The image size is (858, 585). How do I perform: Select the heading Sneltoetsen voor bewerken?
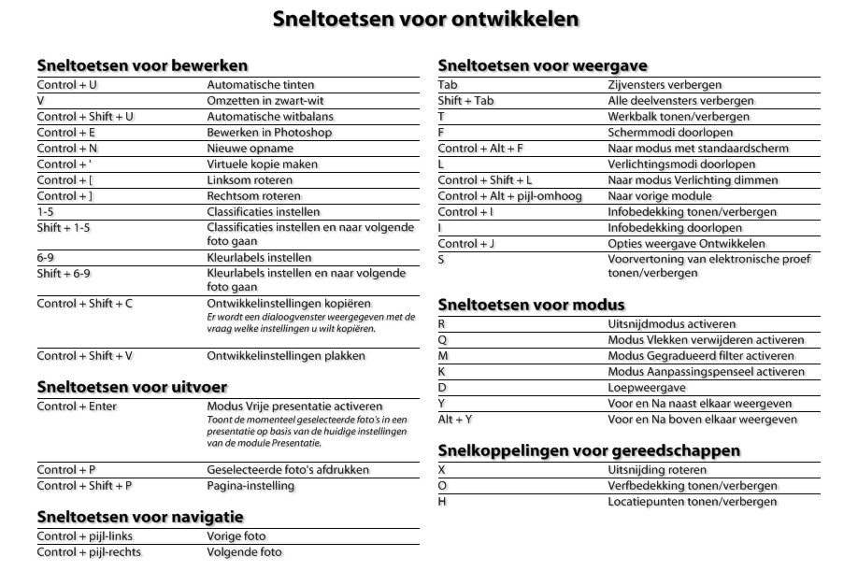click(142, 66)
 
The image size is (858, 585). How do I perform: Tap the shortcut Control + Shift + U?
click(86, 117)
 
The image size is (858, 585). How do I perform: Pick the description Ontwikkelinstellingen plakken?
click(286, 356)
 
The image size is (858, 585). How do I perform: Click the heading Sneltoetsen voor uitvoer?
click(132, 387)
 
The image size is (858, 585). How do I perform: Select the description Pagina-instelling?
click(250, 486)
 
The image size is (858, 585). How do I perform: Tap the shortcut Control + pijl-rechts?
click(90, 552)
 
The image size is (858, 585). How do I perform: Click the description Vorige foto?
click(236, 536)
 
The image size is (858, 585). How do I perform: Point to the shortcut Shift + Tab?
click(465, 101)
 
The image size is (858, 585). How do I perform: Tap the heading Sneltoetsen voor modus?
click(531, 305)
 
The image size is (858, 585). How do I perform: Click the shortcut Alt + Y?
click(455, 420)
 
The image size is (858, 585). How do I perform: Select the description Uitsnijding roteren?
click(657, 469)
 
